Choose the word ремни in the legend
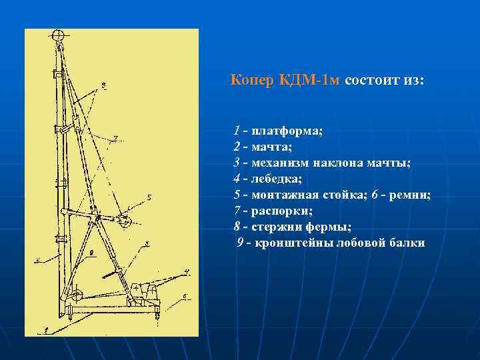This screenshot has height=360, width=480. coord(412,195)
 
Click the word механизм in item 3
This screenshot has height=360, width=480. coord(281,163)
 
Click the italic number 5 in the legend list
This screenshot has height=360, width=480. coord(237,195)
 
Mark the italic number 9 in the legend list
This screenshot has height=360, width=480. coord(240,243)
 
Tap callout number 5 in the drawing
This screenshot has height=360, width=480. coord(149,197)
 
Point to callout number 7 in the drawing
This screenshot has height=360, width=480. coord(115,138)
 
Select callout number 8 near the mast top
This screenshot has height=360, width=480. coord(104,85)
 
